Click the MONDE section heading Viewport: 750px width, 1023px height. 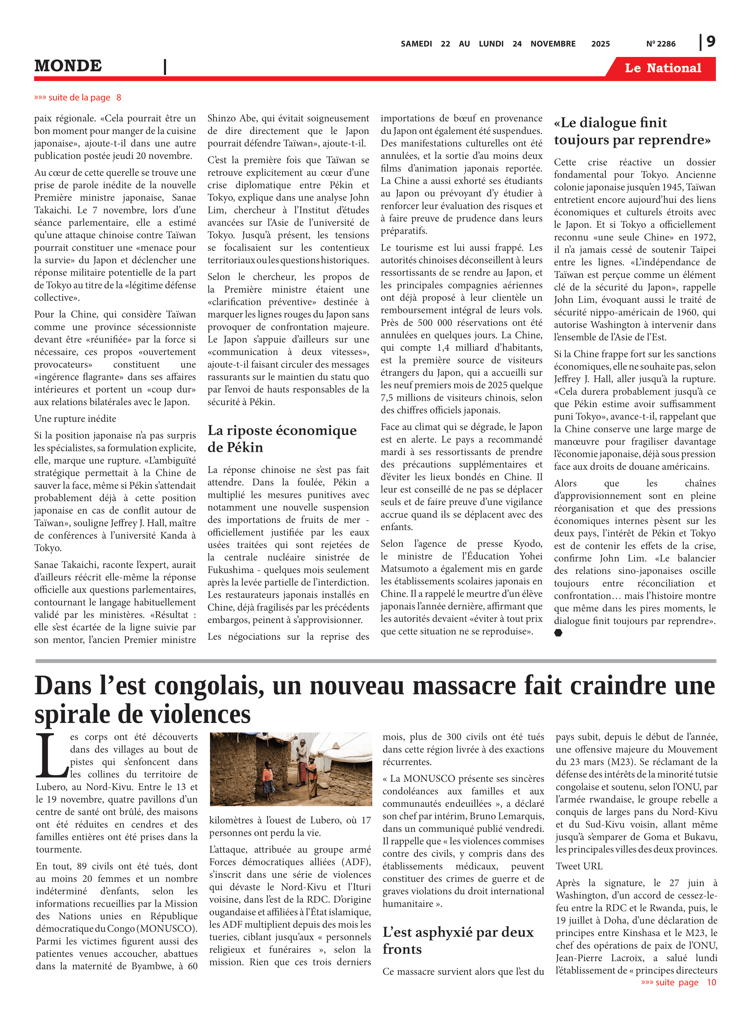coord(68,66)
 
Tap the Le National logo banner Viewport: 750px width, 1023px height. coord(662,68)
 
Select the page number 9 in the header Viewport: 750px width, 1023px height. coord(711,42)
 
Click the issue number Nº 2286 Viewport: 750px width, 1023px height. coord(661,44)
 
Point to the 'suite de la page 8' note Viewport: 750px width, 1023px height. coord(78,98)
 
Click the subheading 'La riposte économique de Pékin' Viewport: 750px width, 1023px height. coord(282,439)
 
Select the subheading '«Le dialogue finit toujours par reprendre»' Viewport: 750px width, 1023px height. coord(632,131)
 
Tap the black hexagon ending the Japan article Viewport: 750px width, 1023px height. coord(558,633)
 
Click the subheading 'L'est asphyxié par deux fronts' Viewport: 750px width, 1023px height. coord(458,940)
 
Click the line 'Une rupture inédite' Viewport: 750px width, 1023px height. coord(75,419)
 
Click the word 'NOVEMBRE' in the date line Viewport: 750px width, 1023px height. coord(553,44)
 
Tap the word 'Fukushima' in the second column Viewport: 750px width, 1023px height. coord(231,570)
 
